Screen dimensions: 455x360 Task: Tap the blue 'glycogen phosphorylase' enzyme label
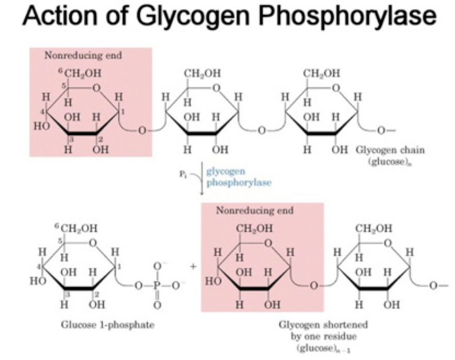(238, 178)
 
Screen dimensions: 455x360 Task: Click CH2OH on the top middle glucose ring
(202, 73)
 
